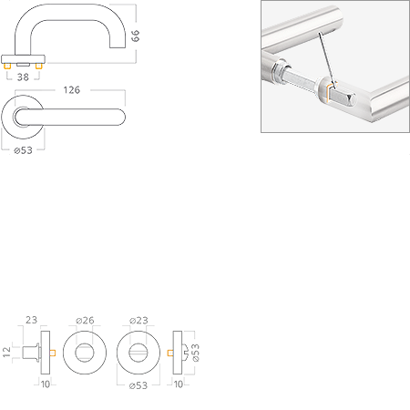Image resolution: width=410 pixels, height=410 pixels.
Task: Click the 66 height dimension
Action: pos(135,36)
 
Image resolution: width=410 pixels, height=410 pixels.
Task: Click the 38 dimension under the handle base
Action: pos(23,77)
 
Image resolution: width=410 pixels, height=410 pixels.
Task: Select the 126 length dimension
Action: pos(72,90)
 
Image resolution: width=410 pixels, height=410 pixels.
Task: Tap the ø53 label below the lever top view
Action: pos(24,150)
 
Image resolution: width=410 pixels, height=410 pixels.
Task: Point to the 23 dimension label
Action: pos(31,320)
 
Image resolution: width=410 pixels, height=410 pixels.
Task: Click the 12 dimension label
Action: pos(6,352)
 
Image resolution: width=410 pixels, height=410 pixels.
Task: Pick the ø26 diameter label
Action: pos(85,320)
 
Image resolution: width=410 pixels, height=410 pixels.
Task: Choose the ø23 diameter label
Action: pos(138,320)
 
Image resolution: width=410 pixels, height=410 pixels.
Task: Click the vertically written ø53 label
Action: pos(196,353)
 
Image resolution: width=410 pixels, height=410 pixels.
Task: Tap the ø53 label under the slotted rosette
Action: pos(138,385)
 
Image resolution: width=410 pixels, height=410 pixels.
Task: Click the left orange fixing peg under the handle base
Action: pos(7,67)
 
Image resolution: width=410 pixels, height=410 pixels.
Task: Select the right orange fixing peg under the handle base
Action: pos(38,67)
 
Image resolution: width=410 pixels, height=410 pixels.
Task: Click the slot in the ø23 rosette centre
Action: pos(138,353)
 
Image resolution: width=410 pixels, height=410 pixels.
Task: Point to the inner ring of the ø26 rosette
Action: pos(85,344)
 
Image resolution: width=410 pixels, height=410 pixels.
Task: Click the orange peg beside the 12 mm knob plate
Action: pos(53,353)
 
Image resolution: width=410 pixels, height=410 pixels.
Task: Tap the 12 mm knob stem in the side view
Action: pos(30,353)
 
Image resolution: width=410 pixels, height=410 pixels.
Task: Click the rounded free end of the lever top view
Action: pos(121,117)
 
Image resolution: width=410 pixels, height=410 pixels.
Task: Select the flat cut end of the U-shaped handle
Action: pos(118,47)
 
